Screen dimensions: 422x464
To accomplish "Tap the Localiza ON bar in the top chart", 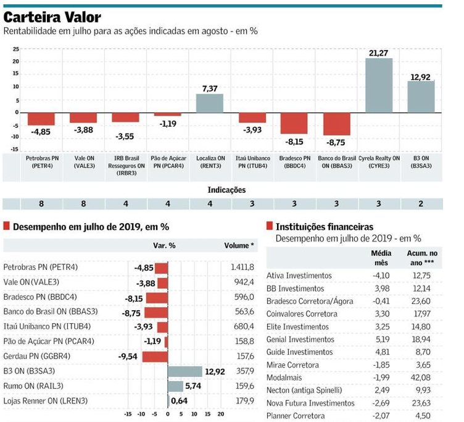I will click(210, 103).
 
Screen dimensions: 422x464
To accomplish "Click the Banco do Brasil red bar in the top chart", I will click(337, 124).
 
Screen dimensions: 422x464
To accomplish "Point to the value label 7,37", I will click(210, 89).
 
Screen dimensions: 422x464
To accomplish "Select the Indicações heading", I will click(226, 190).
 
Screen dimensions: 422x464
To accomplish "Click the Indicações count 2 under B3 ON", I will click(421, 204).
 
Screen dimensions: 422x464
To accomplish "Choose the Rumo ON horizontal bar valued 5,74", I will click(176, 386).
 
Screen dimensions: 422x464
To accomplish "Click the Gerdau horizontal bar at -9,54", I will click(155, 357).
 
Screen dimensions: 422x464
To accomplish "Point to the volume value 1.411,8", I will click(242, 268).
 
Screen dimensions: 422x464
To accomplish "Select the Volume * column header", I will click(239, 245).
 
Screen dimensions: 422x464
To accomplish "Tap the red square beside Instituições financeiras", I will click(269, 227).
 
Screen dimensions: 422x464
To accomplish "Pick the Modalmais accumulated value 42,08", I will click(422, 377).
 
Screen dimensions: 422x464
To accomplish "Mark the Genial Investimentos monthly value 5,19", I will click(381, 339).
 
